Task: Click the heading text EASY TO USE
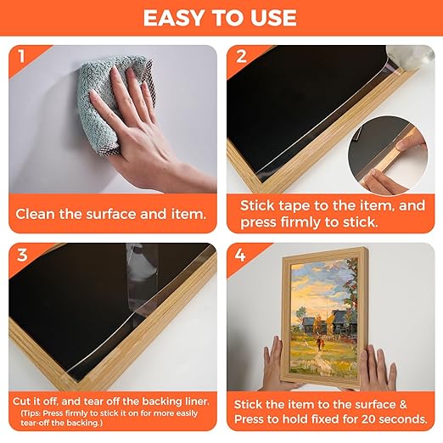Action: [221, 18]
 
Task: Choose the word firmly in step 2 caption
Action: [302, 222]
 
